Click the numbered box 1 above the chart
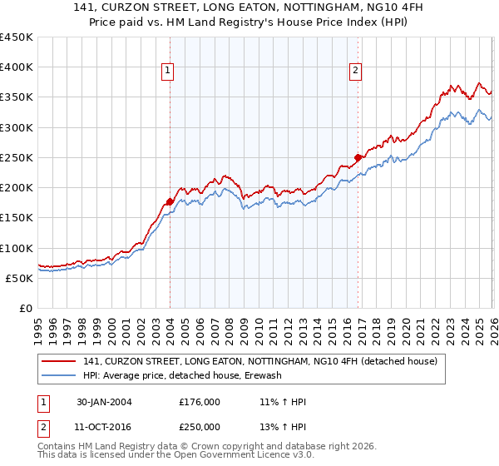(x=167, y=72)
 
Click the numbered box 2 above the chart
(x=355, y=72)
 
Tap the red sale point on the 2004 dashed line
(x=170, y=201)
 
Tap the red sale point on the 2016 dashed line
(x=358, y=156)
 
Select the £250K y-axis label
(x=17, y=157)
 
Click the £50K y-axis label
(x=20, y=278)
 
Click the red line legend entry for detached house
(x=265, y=361)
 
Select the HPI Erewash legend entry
(x=182, y=375)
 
